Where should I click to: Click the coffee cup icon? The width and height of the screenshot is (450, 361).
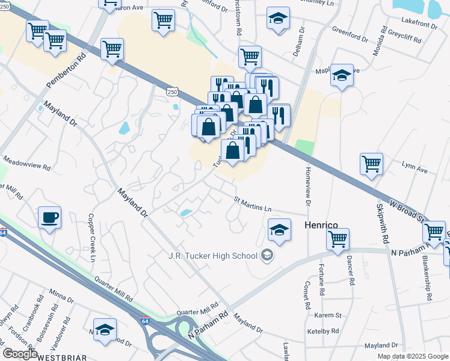pyautogui.click(x=49, y=217)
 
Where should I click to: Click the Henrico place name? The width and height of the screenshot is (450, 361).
pyautogui.click(x=325, y=224)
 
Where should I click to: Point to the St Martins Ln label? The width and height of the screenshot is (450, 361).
pyautogui.click(x=253, y=204)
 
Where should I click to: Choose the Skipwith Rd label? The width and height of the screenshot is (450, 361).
pyautogui.click(x=383, y=223)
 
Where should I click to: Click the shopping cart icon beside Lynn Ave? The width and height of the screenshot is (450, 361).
pyautogui.click(x=372, y=163)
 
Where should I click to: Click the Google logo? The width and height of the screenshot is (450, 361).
pyautogui.click(x=20, y=354)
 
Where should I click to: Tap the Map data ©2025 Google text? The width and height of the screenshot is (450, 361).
pyautogui.click(x=413, y=356)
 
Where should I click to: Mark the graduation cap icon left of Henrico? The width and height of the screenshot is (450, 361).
pyautogui.click(x=279, y=230)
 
